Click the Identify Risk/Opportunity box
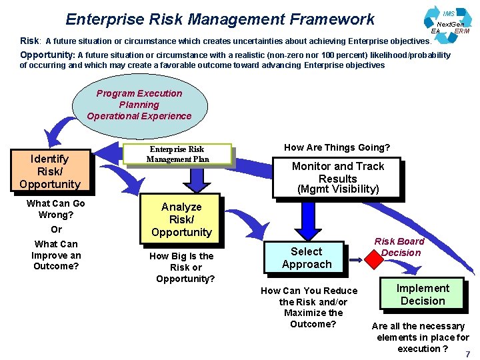(50, 171)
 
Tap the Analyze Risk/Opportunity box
(181, 219)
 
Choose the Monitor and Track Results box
(337, 178)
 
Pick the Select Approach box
(306, 258)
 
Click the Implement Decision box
(423, 294)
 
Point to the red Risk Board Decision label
(399, 247)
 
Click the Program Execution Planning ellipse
(139, 105)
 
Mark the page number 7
(467, 354)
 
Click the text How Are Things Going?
(337, 147)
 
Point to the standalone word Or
(56, 229)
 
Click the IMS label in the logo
(449, 14)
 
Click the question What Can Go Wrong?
(56, 209)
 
